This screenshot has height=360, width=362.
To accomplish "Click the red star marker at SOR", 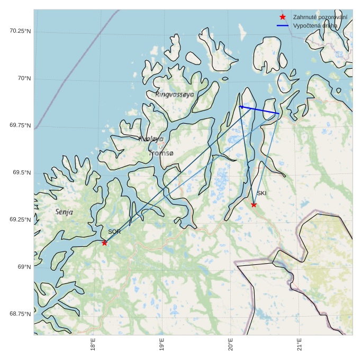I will point(104,243).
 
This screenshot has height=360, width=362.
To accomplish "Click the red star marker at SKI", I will point(254,205).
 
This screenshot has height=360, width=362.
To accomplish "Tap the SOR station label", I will point(114,232).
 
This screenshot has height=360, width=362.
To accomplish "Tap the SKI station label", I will point(261,193).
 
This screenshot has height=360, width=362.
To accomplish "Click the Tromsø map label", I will point(161,153).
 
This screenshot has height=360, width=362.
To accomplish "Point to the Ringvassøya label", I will point(175,94).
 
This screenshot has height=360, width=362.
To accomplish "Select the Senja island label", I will point(64,211).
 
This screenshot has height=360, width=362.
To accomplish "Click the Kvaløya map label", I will point(151,139).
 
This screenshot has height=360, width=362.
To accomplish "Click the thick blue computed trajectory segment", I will point(259,110).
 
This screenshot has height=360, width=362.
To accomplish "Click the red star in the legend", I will point(283,17).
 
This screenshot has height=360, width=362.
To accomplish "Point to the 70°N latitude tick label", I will point(24,78).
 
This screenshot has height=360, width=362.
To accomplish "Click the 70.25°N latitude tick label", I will point(21,31).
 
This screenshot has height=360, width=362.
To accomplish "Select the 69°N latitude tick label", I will point(24,267).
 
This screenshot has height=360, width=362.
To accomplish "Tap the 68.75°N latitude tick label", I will point(21,314).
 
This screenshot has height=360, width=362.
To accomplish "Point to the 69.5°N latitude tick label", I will point(21,173).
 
